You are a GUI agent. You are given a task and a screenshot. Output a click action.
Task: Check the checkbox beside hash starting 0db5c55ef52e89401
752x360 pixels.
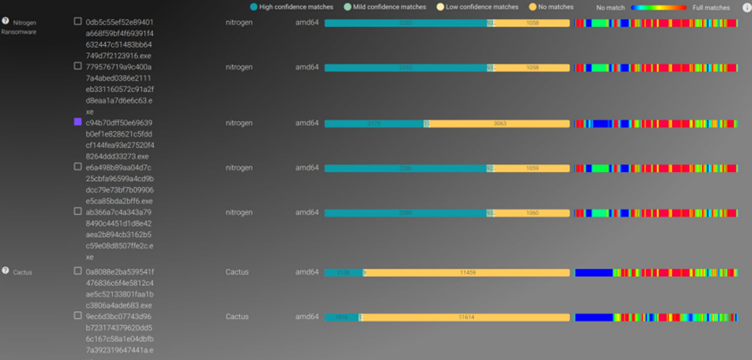click(x=78, y=22)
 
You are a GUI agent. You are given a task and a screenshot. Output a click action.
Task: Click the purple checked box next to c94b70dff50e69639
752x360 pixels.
click(x=78, y=123)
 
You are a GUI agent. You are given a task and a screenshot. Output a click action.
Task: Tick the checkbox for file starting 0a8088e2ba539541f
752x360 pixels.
click(x=78, y=271)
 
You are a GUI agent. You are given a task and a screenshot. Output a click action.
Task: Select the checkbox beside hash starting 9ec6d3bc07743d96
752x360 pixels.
click(x=78, y=317)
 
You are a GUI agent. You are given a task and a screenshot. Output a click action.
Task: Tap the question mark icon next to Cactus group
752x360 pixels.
click(x=5, y=271)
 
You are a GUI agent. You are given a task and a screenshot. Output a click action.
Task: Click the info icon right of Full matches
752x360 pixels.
click(x=746, y=7)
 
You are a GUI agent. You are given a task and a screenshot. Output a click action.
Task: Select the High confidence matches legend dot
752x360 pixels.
click(x=254, y=7)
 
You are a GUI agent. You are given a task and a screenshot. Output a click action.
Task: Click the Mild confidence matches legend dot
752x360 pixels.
click(x=348, y=7)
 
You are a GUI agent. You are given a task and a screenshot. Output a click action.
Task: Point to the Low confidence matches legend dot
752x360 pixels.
click(x=441, y=7)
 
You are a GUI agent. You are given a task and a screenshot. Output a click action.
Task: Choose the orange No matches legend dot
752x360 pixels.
click(x=532, y=7)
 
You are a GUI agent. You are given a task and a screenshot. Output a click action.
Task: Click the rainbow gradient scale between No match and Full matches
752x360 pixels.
click(x=659, y=7)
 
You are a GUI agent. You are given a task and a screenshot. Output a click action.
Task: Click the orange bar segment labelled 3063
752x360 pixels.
click(x=499, y=123)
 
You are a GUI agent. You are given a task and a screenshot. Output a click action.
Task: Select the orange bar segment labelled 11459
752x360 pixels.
click(x=468, y=272)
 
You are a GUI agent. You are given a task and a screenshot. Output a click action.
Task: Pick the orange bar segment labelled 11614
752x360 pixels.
click(x=466, y=317)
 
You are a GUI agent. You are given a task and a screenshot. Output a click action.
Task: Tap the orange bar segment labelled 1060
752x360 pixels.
click(x=532, y=213)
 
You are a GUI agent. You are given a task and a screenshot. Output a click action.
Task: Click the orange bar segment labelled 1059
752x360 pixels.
click(x=532, y=168)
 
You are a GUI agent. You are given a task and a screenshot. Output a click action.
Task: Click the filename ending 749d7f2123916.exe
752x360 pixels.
click(x=117, y=55)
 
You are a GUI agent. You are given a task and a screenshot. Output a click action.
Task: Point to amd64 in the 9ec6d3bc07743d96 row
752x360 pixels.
click(x=307, y=317)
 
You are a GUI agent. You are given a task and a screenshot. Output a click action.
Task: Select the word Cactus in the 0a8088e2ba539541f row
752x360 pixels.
click(x=237, y=272)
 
